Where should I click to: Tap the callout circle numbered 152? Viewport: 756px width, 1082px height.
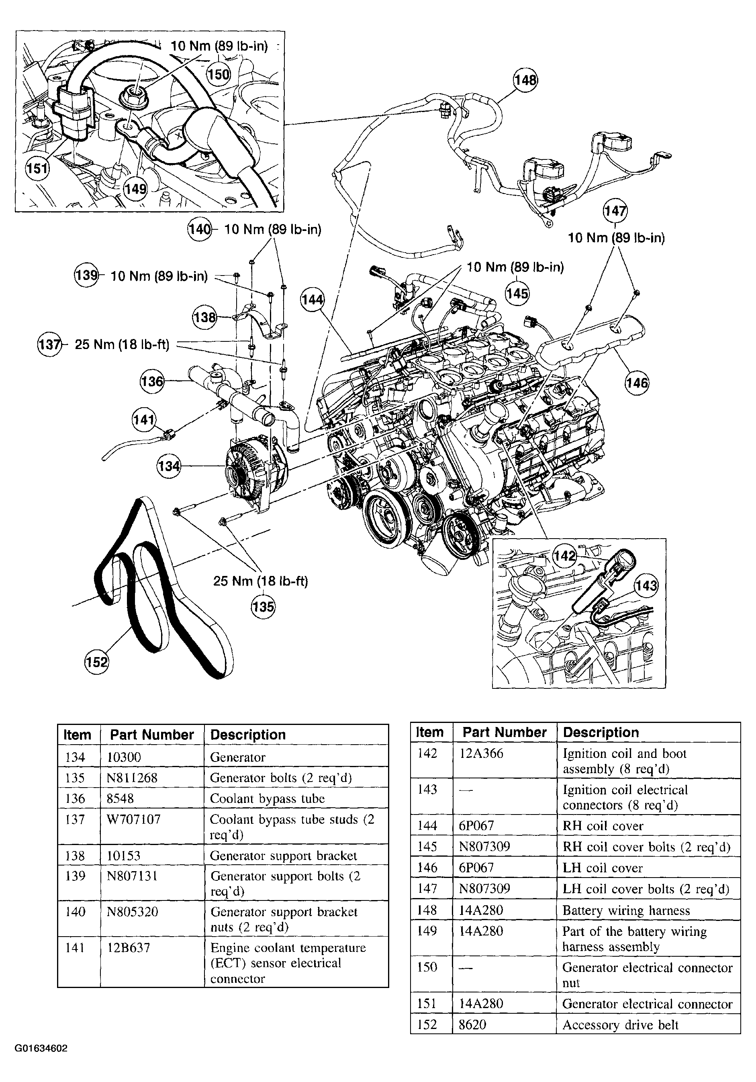coord(97,662)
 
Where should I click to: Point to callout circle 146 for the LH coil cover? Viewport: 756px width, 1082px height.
coord(637,383)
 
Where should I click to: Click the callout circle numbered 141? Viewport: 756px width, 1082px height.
coord(144,419)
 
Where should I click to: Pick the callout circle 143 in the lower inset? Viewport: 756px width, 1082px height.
coord(646,586)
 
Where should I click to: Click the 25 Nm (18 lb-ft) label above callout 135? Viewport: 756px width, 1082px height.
coord(261,581)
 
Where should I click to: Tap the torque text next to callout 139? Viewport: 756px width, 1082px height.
coord(159,276)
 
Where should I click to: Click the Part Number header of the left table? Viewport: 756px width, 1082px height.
coord(152,735)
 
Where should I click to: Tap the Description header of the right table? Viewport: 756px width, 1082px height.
coord(601,732)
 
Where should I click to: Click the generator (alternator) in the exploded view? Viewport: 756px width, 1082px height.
coord(255,471)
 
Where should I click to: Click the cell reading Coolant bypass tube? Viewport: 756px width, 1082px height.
coord(267,798)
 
